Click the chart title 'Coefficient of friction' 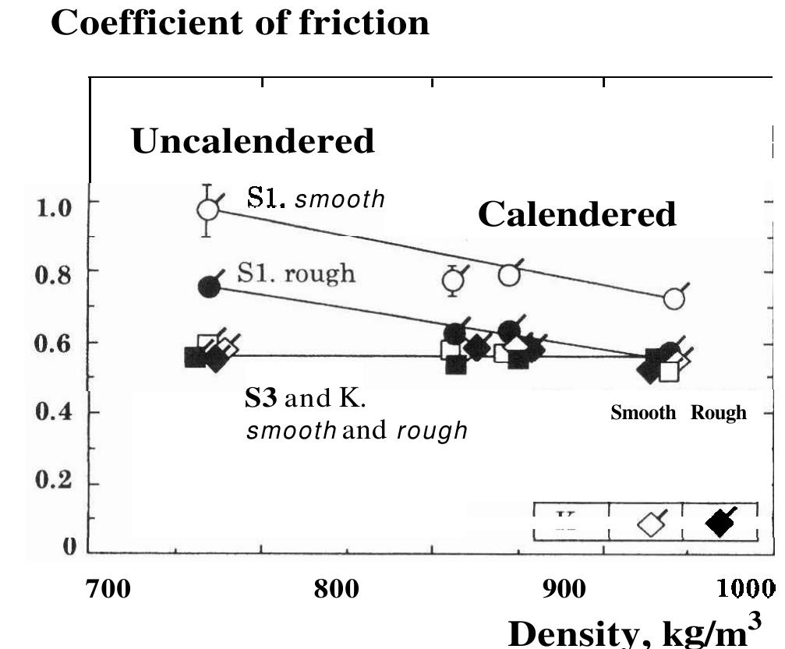tap(240, 23)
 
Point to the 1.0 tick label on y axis tap(54, 207)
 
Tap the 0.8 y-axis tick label tap(54, 275)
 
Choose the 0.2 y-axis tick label tap(54, 481)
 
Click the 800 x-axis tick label tap(336, 588)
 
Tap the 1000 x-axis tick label tap(749, 588)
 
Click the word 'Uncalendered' tap(253, 141)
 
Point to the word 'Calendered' tap(577, 213)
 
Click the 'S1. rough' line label tap(295, 273)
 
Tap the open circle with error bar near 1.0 tap(207, 210)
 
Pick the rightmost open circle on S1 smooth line tap(674, 299)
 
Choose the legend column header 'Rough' tap(718, 413)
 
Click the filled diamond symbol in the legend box tap(720, 523)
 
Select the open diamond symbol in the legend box tap(650, 524)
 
